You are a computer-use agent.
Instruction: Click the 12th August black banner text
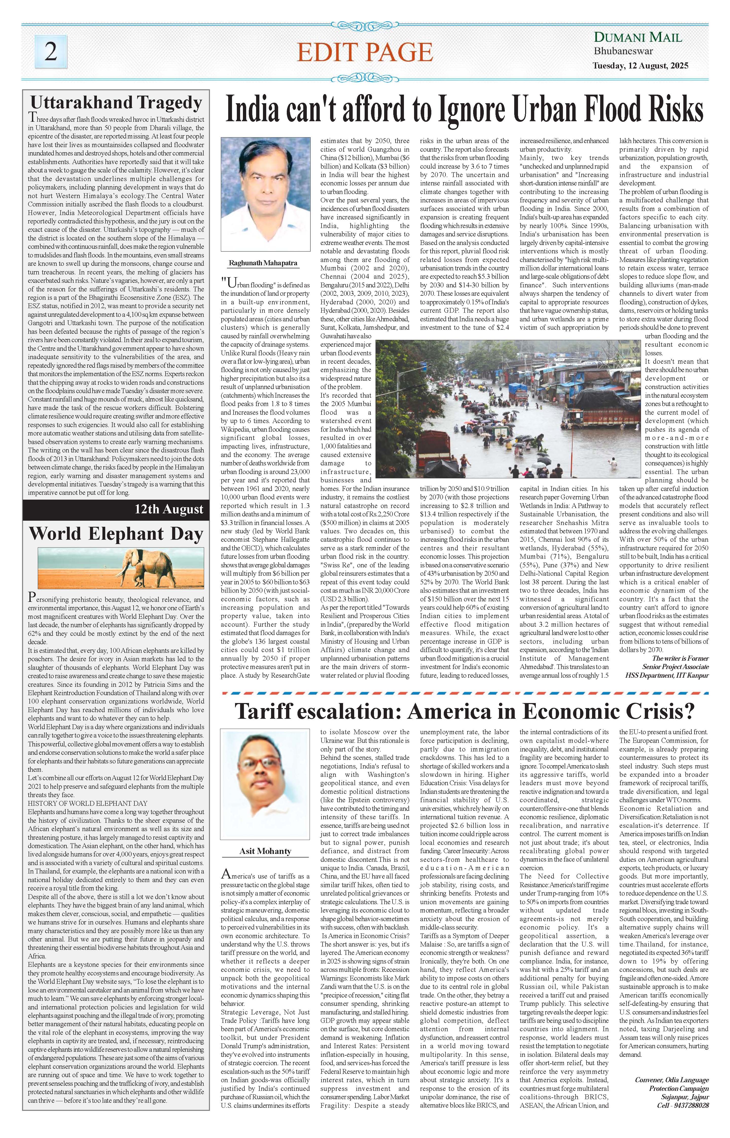pos(169,510)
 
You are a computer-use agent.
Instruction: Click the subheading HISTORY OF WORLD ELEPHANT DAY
pos(88,803)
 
